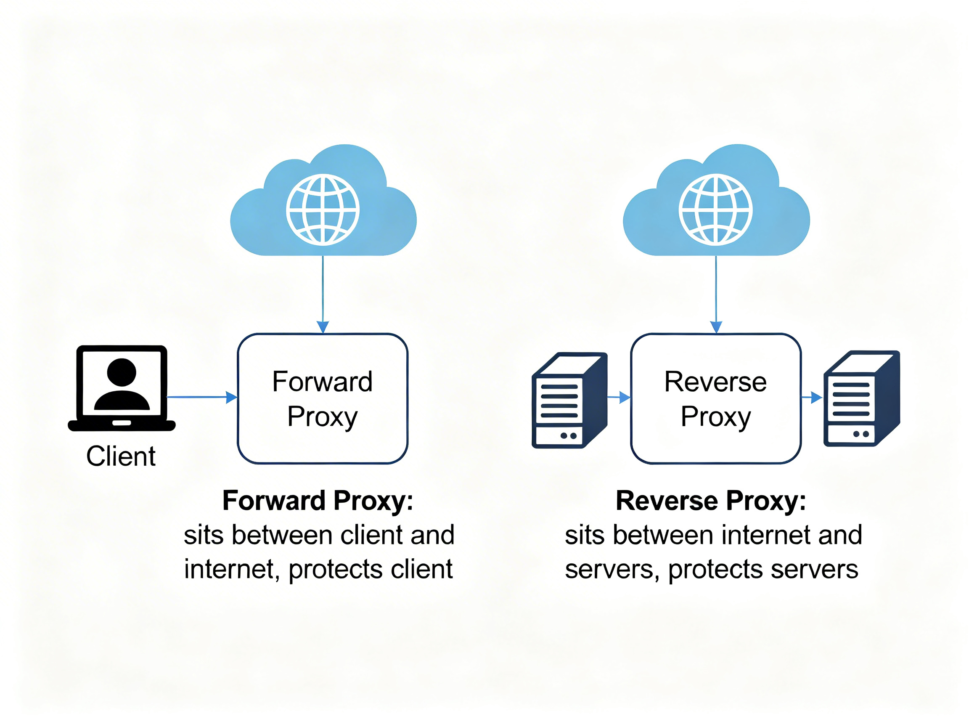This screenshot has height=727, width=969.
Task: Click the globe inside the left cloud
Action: click(x=323, y=210)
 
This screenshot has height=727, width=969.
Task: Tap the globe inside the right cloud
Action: click(x=715, y=210)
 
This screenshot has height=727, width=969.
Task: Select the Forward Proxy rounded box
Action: click(x=323, y=398)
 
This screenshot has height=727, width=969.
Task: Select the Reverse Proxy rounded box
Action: click(x=715, y=398)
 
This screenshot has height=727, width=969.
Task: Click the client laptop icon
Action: click(x=122, y=388)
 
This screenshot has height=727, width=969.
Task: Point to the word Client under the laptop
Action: click(x=120, y=456)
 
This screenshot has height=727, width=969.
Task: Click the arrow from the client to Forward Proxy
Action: click(x=201, y=397)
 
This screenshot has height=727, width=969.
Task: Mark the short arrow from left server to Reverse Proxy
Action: click(x=619, y=398)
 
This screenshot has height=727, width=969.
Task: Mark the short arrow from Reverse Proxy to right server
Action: click(x=811, y=398)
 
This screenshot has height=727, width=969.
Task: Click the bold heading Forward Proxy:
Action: click(x=318, y=500)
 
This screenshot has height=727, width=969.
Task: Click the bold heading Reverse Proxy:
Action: click(x=710, y=500)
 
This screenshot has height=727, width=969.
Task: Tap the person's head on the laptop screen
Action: click(x=122, y=372)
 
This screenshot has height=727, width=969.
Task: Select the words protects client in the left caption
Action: click(x=370, y=569)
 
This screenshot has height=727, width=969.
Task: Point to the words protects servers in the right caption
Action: click(x=762, y=569)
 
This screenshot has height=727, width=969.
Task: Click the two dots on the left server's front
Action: click(x=568, y=435)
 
